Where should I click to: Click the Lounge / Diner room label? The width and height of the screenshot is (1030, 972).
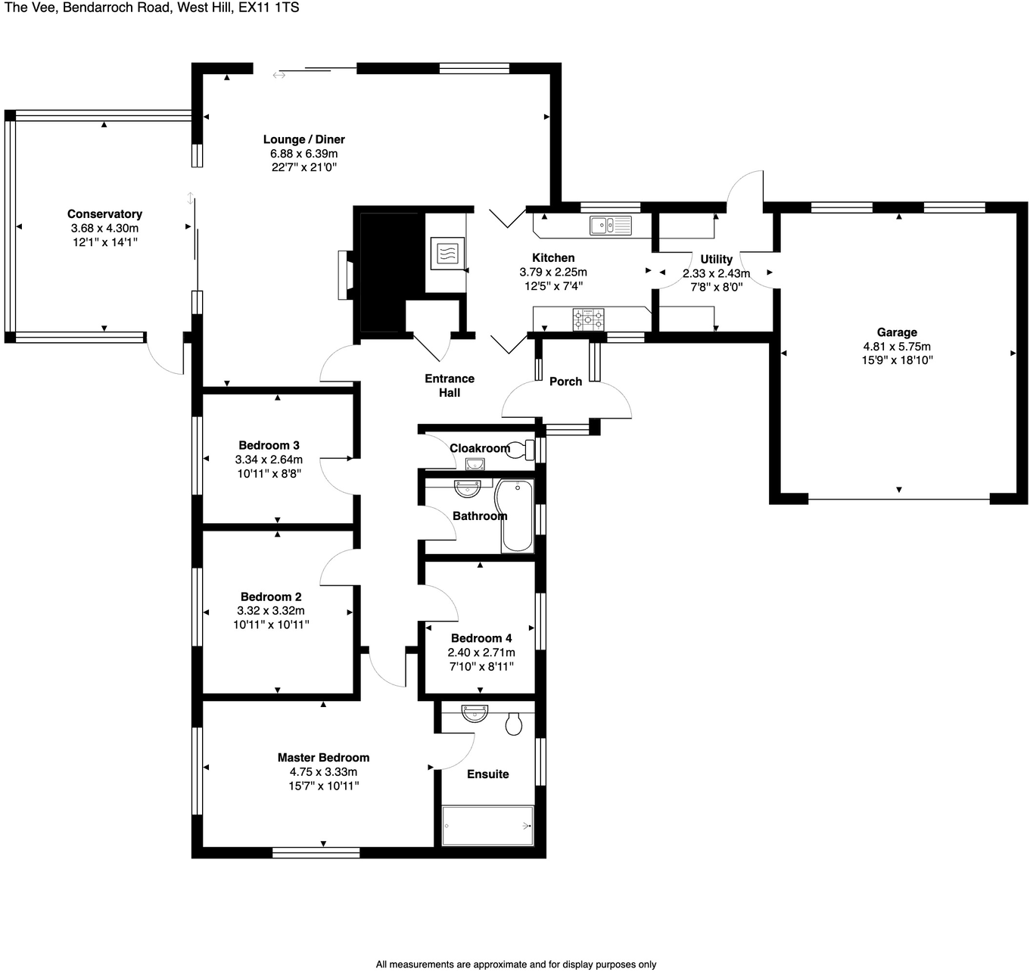[x=303, y=139]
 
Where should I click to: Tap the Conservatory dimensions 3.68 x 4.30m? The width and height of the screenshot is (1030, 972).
[x=104, y=228]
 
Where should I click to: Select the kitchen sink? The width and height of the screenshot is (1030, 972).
[x=610, y=225]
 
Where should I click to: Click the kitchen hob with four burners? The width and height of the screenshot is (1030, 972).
[x=588, y=319]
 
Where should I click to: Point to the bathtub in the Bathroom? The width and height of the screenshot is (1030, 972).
[x=515, y=515]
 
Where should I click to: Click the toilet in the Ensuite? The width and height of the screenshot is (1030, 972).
[x=514, y=723]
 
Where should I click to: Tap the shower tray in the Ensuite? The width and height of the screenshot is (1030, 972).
[x=487, y=825]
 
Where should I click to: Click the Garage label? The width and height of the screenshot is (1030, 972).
[x=897, y=332]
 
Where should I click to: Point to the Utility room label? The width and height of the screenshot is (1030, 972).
[x=716, y=259]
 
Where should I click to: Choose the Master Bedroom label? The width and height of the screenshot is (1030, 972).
[x=323, y=758]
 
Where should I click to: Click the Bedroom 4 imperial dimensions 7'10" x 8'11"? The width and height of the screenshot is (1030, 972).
[x=481, y=666]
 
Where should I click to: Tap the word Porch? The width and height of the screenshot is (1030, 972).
[x=565, y=382]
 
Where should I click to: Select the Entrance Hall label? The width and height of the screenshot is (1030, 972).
[x=450, y=385]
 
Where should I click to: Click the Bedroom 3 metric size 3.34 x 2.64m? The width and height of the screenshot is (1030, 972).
[x=269, y=460]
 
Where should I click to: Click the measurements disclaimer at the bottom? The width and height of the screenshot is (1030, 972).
[x=515, y=964]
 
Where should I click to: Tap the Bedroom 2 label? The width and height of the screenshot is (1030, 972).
[x=271, y=597]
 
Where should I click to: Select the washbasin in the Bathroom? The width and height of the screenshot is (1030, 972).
[x=467, y=488]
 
